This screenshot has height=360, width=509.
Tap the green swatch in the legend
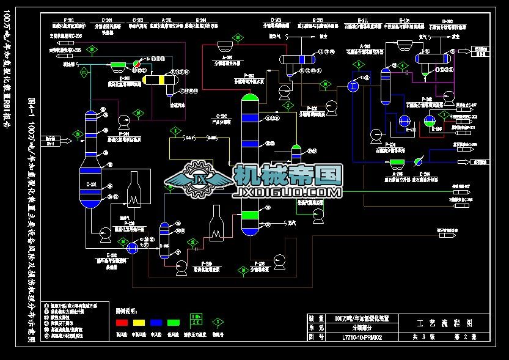pos(174,321)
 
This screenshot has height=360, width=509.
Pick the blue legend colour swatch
pos(157,321)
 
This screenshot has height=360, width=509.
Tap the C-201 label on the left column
pos(93,184)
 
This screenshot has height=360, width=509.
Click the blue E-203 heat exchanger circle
pos(132,247)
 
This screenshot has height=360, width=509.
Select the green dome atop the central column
pos(250,97)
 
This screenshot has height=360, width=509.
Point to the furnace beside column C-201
pos(134,190)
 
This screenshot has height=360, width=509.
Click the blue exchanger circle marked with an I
pos(353,87)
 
